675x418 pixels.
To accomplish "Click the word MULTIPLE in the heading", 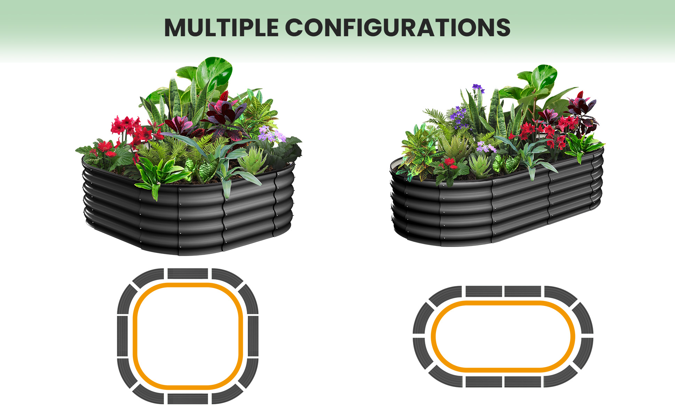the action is (221, 27).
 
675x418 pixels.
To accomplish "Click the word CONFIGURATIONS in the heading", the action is (398, 27).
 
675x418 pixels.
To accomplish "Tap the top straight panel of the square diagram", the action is (188, 273).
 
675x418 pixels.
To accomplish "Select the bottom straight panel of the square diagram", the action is (188, 399).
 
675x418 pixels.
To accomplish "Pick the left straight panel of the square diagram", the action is (122, 336).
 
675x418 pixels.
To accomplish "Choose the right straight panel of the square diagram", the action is (253, 336).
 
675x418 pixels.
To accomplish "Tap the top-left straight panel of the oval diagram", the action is (484, 291).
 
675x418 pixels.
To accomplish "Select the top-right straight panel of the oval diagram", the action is (523, 291).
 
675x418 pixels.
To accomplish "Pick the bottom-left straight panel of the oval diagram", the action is (484, 382).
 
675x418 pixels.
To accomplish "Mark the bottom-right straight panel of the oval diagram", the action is (523, 382).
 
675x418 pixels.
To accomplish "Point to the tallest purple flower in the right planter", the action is (478, 88).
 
